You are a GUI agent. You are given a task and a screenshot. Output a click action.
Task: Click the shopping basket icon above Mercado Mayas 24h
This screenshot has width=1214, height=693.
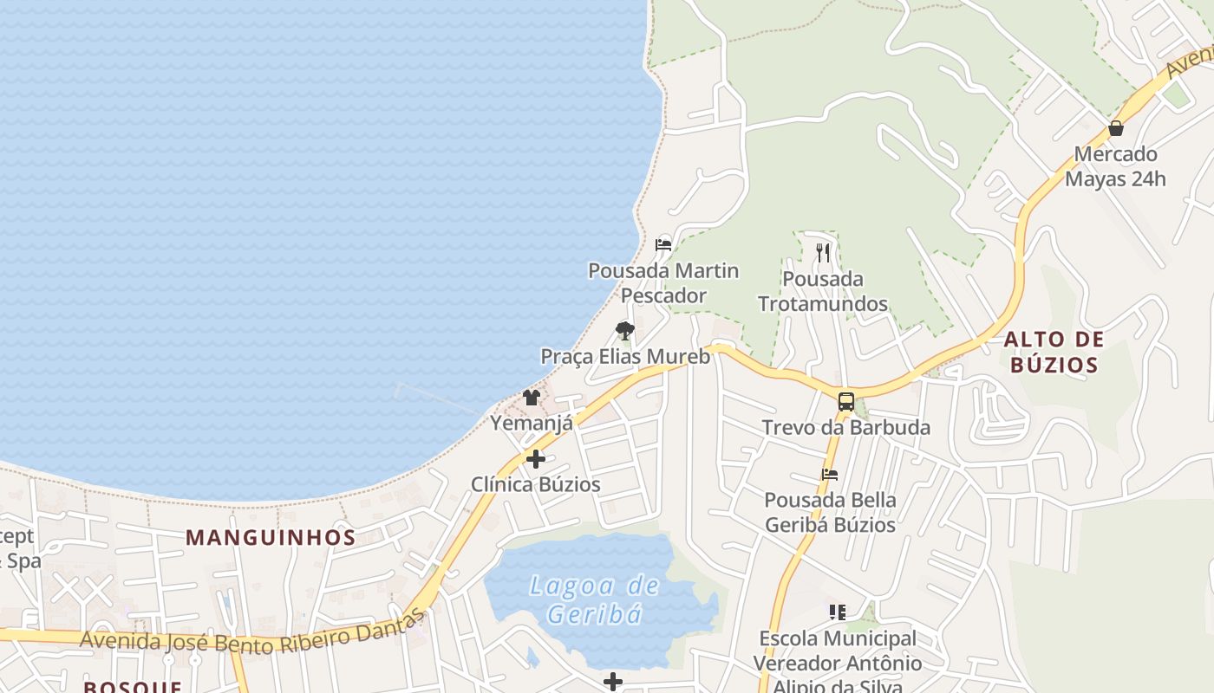1116,128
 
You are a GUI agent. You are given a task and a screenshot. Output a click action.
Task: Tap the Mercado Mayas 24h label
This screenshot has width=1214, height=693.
1115,166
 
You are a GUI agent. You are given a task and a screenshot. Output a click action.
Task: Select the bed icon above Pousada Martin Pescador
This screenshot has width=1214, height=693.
663,244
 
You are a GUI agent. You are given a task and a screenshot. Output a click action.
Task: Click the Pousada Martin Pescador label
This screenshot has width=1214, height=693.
663,283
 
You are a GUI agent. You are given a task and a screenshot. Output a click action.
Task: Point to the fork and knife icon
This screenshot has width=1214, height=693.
823,253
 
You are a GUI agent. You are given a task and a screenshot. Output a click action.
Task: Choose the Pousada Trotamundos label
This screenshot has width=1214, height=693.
823,291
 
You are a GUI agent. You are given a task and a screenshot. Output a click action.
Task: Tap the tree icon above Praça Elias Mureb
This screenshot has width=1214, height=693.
624,330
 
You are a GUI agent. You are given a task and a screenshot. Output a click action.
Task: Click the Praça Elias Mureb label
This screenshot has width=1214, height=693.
625,356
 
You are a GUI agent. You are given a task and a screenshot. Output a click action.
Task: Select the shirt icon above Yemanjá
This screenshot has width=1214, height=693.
532,398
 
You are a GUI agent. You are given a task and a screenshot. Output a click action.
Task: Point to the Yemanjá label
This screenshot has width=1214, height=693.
532,424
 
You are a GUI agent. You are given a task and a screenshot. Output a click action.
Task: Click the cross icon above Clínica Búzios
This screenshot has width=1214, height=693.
536,459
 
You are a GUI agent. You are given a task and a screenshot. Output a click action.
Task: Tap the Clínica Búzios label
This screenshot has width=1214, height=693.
535,484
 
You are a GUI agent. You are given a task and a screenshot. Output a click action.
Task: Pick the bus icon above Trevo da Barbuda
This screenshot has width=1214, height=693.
845,402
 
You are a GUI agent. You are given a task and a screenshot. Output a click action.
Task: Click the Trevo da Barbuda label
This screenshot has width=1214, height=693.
845,427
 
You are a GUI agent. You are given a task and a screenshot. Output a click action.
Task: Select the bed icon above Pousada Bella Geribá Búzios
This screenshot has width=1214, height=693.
830,475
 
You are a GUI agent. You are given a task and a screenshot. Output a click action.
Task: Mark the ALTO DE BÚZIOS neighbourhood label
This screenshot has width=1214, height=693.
1054,351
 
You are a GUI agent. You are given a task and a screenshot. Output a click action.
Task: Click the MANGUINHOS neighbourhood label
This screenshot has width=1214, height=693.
271,537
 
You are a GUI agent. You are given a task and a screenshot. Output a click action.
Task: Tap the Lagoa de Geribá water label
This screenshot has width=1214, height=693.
595,599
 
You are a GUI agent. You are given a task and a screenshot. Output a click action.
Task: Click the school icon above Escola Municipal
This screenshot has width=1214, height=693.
837,612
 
